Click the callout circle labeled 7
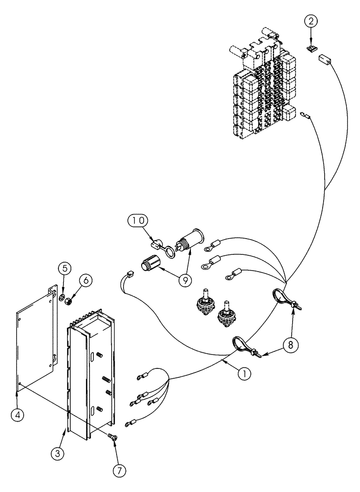tap(119, 469)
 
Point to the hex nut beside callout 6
tap(70, 299)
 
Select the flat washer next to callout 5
tap(60, 298)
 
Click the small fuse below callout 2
tap(311, 49)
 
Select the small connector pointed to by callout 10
tap(156, 243)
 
